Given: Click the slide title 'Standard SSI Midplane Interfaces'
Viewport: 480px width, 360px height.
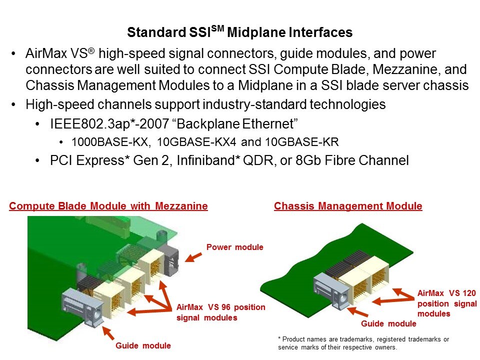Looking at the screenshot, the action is click(239, 32).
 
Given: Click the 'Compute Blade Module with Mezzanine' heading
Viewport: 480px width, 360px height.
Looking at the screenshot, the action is click(108, 205).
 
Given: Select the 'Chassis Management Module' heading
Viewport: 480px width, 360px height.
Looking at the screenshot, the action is click(348, 205).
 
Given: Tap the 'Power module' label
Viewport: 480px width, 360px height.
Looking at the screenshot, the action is click(235, 247).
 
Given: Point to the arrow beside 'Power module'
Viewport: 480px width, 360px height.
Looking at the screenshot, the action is click(193, 257).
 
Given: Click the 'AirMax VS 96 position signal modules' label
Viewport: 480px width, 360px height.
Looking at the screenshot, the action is click(220, 312).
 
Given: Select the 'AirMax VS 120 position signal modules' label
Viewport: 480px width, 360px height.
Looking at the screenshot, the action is click(447, 303).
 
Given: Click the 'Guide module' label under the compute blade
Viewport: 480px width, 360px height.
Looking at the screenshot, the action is click(143, 345).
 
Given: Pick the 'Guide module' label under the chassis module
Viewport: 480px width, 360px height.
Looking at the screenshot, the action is click(388, 323).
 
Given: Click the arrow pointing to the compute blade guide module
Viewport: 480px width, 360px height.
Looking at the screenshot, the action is click(108, 333).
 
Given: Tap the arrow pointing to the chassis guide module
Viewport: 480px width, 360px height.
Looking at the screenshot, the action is click(357, 311).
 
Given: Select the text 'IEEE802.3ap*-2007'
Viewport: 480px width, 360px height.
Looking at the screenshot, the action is click(109, 123).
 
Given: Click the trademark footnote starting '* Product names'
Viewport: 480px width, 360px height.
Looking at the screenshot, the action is click(363, 343).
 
